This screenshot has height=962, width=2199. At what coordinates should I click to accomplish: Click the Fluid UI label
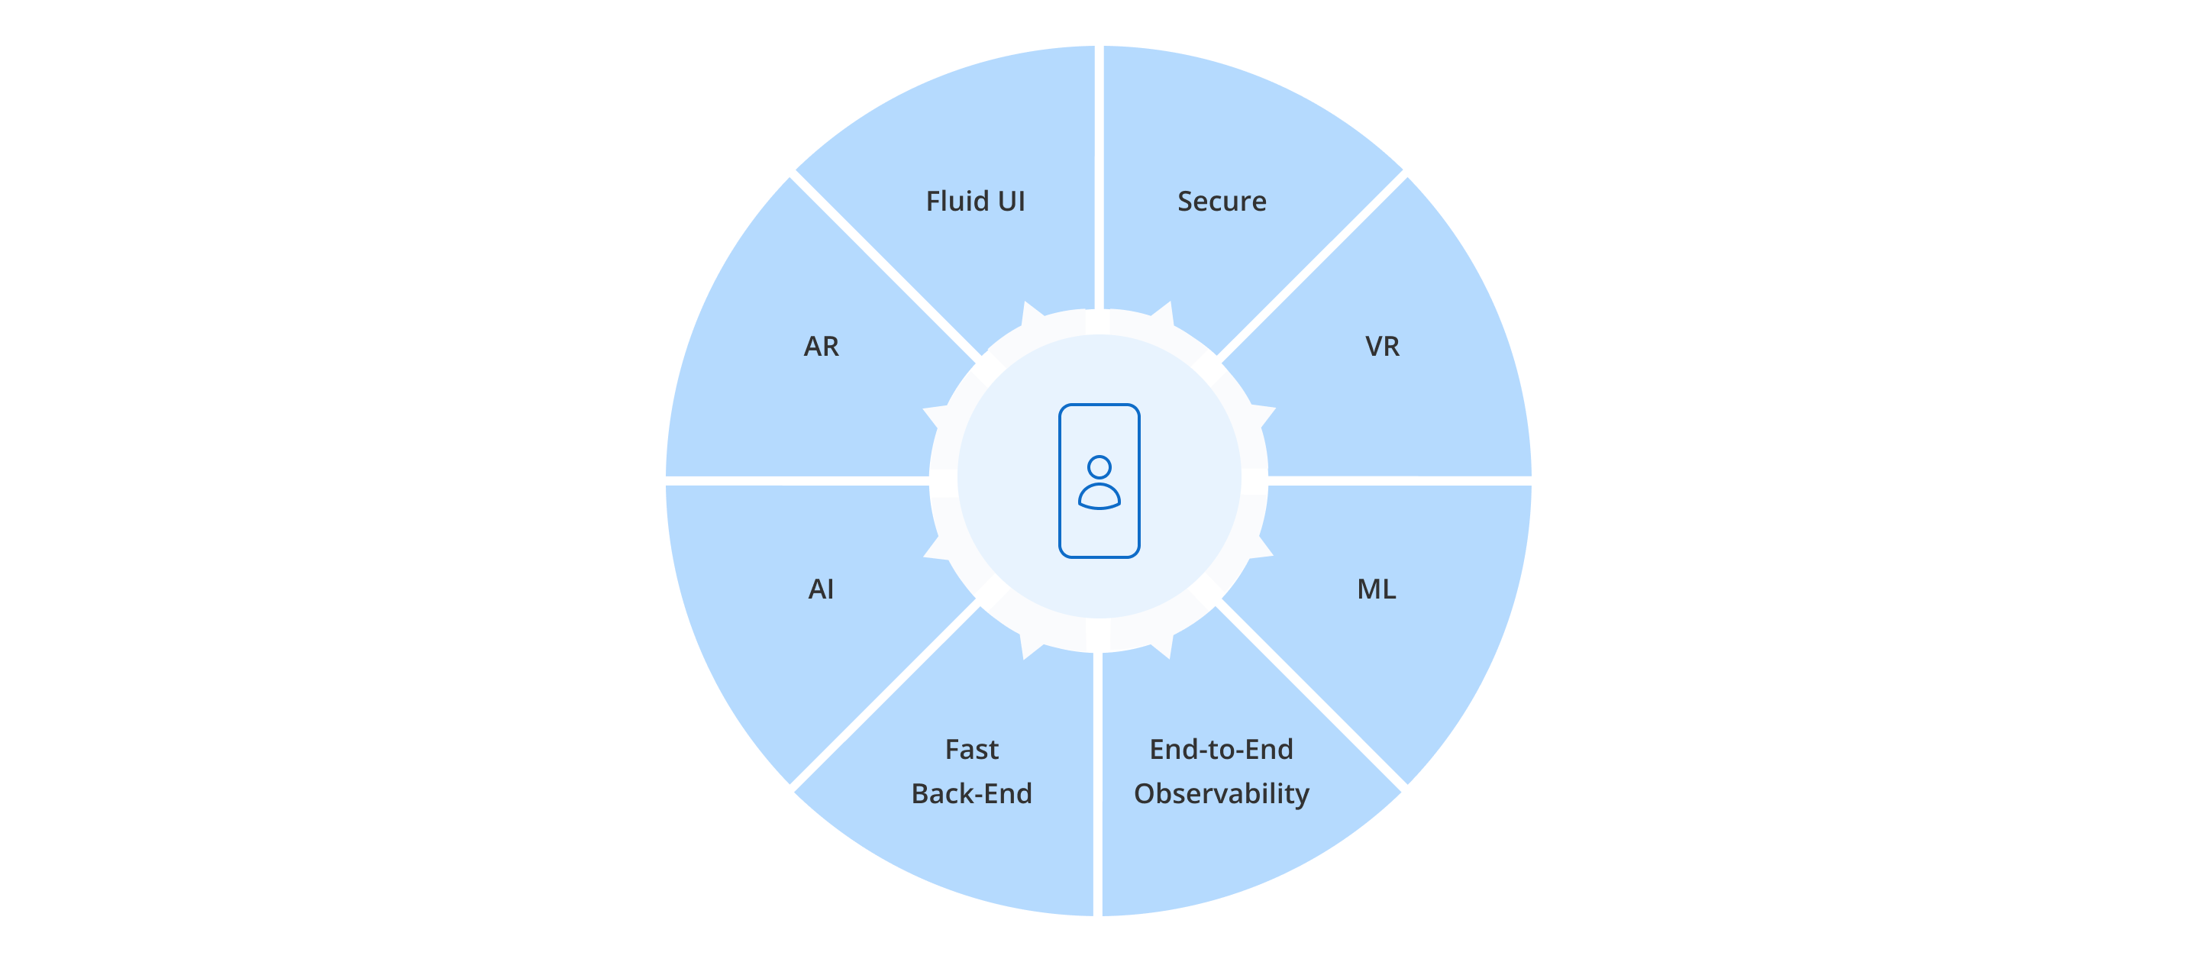[975, 202]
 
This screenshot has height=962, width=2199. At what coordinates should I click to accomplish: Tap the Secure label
[1222, 202]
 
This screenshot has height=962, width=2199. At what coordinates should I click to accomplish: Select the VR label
[1382, 347]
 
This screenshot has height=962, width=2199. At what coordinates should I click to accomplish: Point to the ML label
[1376, 589]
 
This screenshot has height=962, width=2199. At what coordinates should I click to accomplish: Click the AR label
[822, 347]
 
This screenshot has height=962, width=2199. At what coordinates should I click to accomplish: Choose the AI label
[820, 589]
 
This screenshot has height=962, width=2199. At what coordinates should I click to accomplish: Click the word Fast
[971, 750]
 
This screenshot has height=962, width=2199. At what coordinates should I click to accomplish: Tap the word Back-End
[971, 794]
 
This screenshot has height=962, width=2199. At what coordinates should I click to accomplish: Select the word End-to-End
[1221, 750]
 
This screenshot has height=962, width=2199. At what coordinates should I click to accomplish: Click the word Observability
[1221, 795]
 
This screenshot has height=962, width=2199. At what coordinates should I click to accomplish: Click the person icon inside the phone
[1099, 483]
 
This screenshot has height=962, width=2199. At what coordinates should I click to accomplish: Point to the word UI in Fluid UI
[1011, 202]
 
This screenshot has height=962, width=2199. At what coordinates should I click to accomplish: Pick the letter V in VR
[1374, 347]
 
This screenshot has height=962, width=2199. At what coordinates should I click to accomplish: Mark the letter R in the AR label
[831, 347]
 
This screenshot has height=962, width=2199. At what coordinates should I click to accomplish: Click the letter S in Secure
[1185, 202]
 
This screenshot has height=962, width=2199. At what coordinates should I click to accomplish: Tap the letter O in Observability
[1145, 794]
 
